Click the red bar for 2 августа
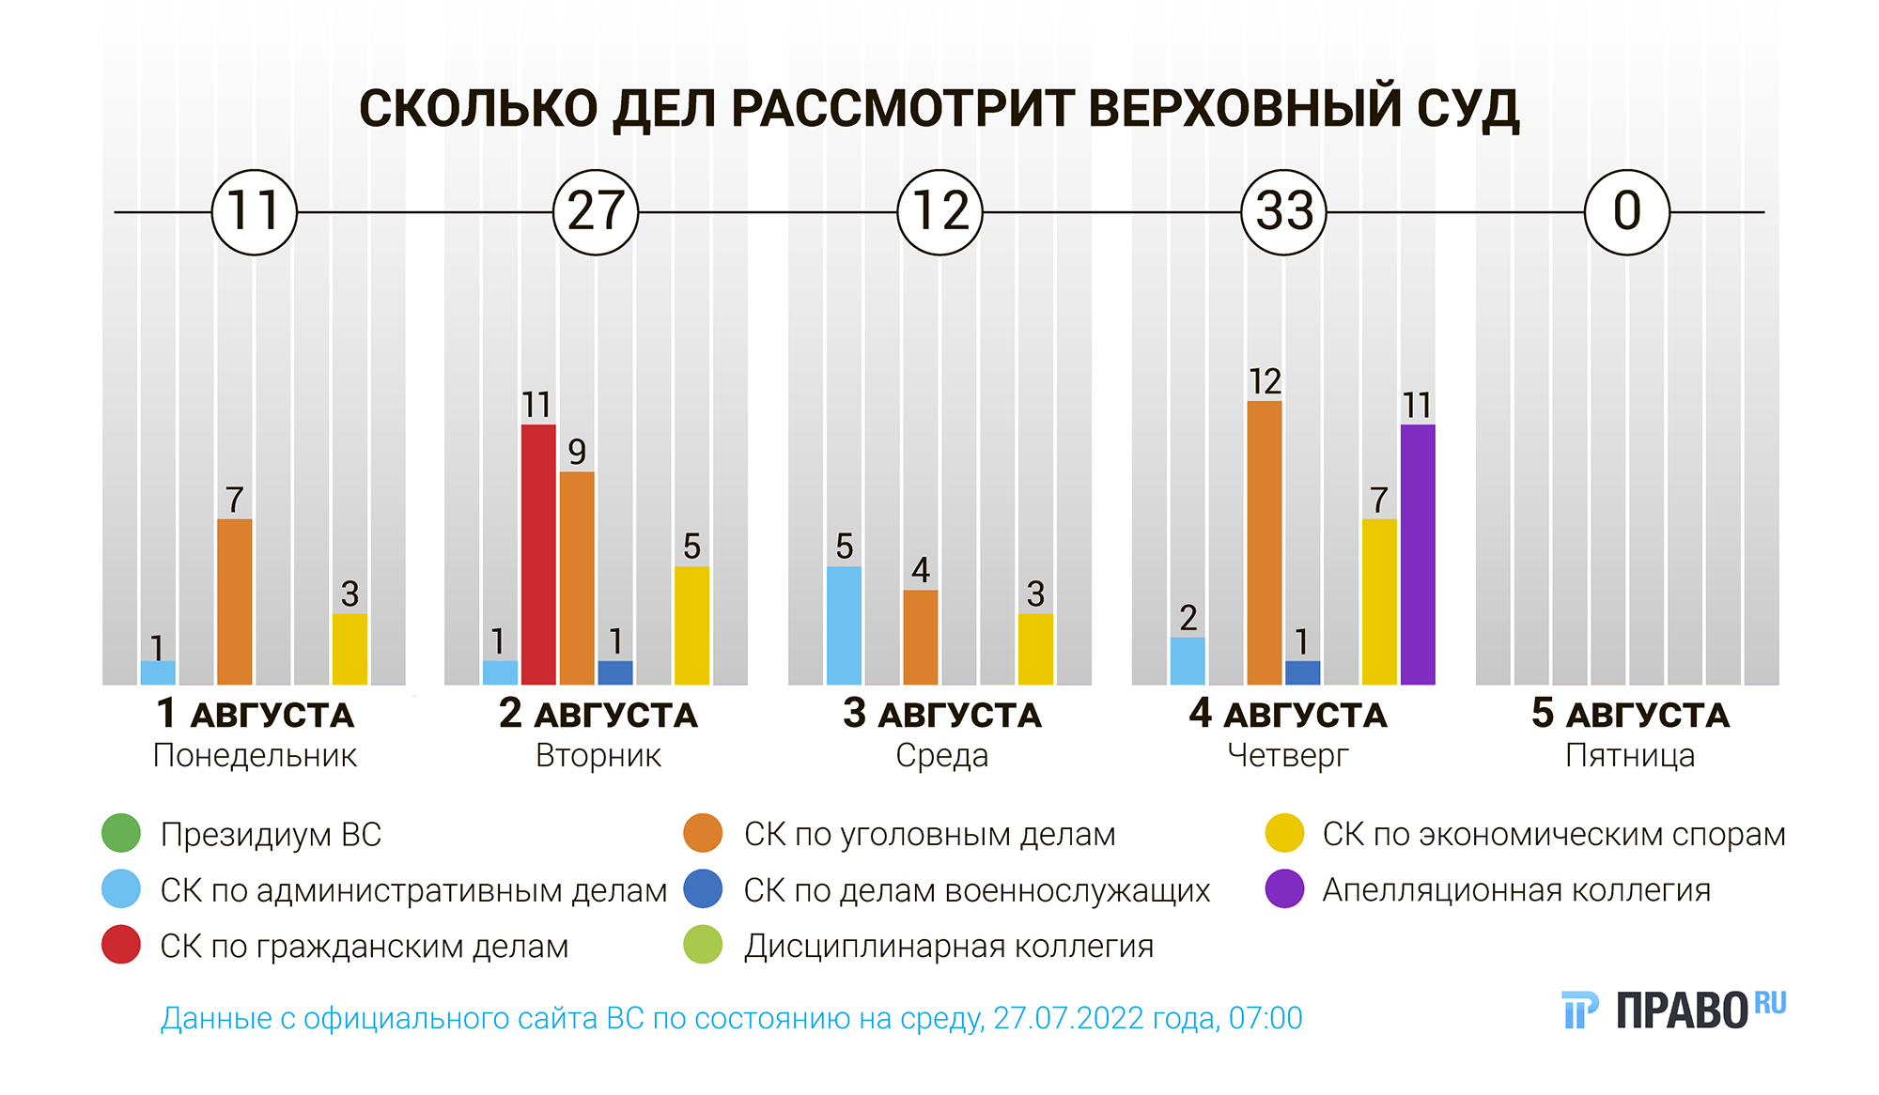(x=538, y=554)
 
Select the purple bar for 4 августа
(x=1417, y=554)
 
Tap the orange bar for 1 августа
(x=235, y=601)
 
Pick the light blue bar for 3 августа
(x=844, y=625)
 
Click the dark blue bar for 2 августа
(x=615, y=672)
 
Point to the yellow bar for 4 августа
(x=1379, y=601)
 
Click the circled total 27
(x=596, y=212)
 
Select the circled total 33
(x=1283, y=212)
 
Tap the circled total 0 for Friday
(x=1627, y=212)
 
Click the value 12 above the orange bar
(x=1265, y=382)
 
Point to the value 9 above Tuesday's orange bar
(x=577, y=453)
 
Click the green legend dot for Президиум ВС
(x=121, y=833)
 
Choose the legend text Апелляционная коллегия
(x=1516, y=890)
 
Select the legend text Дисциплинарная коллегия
(x=949, y=947)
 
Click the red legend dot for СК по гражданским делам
(x=121, y=945)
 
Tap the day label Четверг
(x=1287, y=756)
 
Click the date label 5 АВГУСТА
(x=1630, y=715)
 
